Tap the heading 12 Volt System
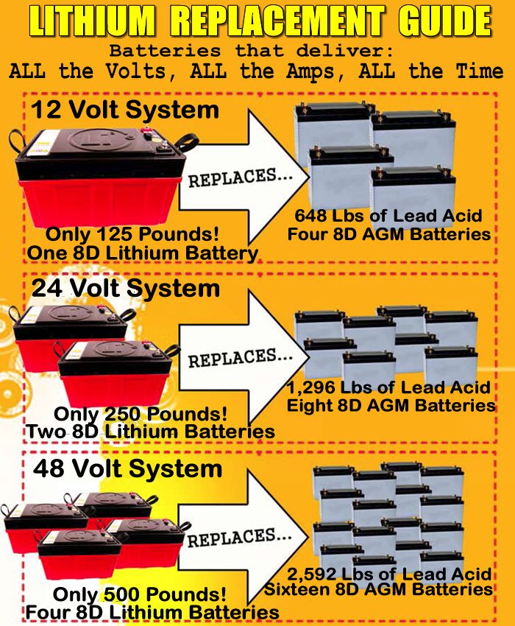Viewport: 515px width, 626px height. coord(125,110)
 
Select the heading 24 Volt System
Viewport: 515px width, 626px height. coord(126,288)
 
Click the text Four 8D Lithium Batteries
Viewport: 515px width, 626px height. coord(152,612)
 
